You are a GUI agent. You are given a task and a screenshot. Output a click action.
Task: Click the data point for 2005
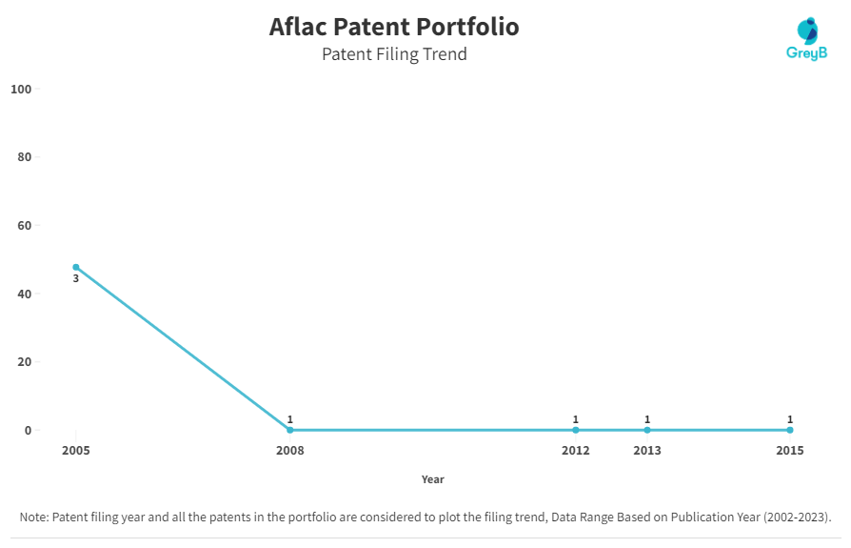[x=76, y=267]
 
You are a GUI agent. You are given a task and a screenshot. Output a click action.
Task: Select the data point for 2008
[x=289, y=430]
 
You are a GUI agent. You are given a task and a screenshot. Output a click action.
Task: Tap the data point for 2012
[x=576, y=430]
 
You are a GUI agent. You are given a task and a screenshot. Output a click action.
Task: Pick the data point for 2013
[x=647, y=430]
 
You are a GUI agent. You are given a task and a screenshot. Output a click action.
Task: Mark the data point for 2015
[x=790, y=430]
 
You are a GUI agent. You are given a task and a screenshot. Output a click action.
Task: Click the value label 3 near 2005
[x=76, y=278]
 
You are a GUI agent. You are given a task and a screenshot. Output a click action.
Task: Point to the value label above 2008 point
[x=289, y=419]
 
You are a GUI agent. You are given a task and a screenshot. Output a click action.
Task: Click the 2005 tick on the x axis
[x=76, y=450]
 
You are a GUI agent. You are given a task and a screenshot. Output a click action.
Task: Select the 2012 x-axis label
[x=576, y=450]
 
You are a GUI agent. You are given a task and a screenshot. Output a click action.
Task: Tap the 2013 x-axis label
[x=647, y=450]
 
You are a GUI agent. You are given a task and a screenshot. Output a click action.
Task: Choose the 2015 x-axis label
[x=790, y=450]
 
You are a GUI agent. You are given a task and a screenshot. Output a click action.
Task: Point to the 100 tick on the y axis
[x=21, y=89]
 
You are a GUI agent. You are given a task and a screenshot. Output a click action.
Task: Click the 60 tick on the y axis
[x=25, y=225]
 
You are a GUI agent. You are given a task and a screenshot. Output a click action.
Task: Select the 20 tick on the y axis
[x=25, y=362]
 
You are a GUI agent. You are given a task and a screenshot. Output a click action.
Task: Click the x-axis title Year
[x=432, y=479]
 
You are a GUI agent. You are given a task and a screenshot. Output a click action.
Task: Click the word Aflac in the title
[x=298, y=27]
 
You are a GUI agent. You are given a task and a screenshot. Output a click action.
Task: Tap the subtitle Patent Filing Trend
[x=394, y=54]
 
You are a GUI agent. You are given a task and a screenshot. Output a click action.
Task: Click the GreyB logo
[x=807, y=38]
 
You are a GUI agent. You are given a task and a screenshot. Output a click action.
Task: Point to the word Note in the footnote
[x=33, y=518]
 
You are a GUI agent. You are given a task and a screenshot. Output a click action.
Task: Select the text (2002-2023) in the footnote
[x=797, y=518]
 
